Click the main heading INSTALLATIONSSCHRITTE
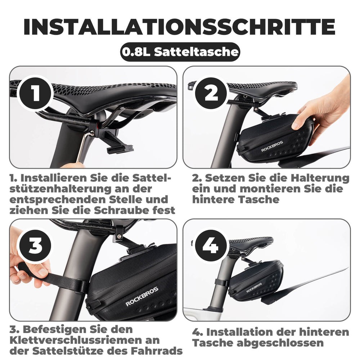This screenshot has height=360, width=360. [x=180, y=26]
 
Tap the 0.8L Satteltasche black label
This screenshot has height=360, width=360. [x=180, y=52]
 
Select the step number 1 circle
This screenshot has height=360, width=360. [x=35, y=93]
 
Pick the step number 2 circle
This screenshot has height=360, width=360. [x=211, y=93]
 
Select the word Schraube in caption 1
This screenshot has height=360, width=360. [x=122, y=210]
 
